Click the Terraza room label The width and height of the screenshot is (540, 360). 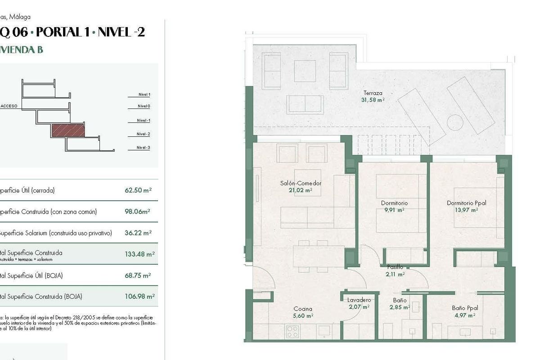point(373,93)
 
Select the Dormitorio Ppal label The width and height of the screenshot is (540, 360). point(466,203)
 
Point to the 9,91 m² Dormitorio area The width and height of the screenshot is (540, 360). point(394,210)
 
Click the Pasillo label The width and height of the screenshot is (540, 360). point(395,267)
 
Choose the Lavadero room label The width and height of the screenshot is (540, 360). point(359,300)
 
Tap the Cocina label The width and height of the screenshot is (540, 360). point(302,309)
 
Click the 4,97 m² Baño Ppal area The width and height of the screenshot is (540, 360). point(465,315)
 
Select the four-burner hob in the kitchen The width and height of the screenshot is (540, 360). point(292,332)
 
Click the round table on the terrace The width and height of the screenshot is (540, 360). point(455,122)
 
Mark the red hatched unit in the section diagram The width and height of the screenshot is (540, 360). point(68,130)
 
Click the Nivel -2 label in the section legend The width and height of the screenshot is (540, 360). point(143,134)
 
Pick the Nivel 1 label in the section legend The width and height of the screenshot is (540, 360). point(144,94)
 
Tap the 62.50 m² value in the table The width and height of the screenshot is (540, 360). point(138,190)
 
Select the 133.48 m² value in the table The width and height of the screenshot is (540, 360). point(139,254)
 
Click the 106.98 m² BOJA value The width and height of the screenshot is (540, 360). point(139,297)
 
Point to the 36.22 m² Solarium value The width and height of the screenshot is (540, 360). point(138,233)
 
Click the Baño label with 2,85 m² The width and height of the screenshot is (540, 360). point(399,300)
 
